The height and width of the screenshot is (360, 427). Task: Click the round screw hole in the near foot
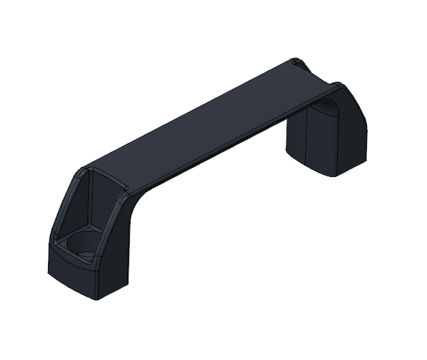[81, 243]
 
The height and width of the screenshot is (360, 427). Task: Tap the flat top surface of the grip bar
[213, 120]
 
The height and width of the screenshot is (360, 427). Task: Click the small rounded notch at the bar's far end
[296, 63]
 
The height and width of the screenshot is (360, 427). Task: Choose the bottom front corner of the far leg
[334, 175]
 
